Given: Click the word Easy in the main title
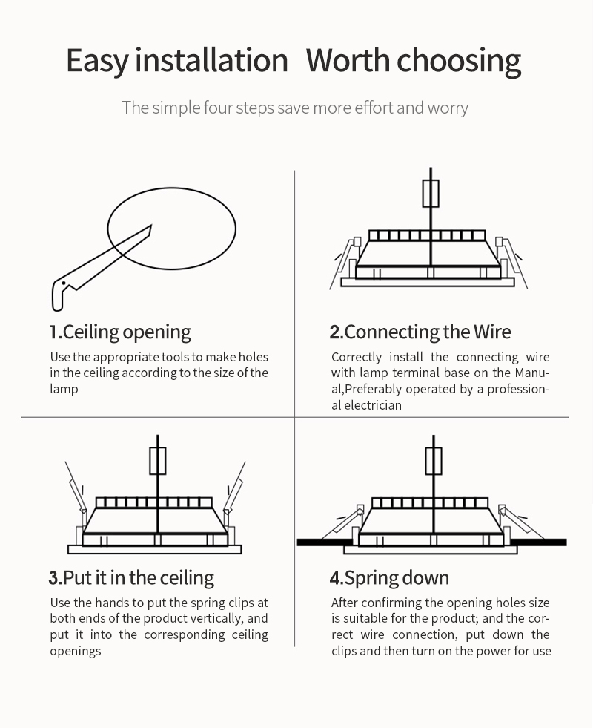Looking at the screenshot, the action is (x=98, y=61).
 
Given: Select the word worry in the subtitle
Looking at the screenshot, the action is (x=448, y=108).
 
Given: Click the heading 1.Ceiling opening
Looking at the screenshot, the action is (x=120, y=332).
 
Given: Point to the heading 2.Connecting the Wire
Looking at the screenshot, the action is (x=420, y=332).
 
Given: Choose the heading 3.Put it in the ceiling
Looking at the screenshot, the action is (x=131, y=578).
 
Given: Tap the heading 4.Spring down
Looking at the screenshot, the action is (x=389, y=579).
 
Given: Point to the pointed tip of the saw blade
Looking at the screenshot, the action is (x=151, y=226).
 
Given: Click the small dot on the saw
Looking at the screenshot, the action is (x=64, y=283).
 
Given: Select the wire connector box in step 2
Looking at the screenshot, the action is (x=431, y=194).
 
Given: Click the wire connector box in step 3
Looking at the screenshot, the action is (x=158, y=461).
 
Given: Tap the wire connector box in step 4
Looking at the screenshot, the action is (x=434, y=461).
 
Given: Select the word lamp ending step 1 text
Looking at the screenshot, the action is (x=64, y=389).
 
